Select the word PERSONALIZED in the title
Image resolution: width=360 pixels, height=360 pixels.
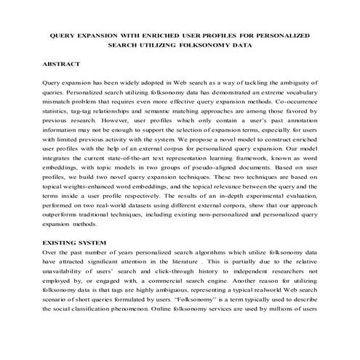(282, 35)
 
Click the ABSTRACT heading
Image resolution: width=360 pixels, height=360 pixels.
(63, 65)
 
